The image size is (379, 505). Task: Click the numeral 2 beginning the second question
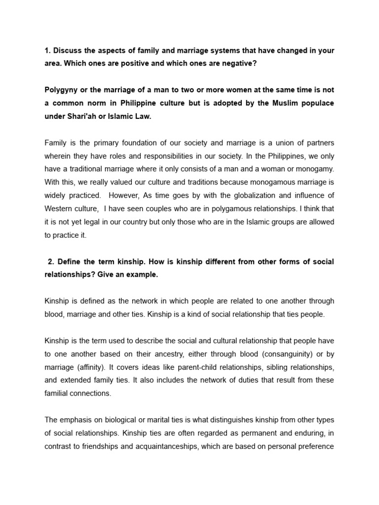tap(50, 261)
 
